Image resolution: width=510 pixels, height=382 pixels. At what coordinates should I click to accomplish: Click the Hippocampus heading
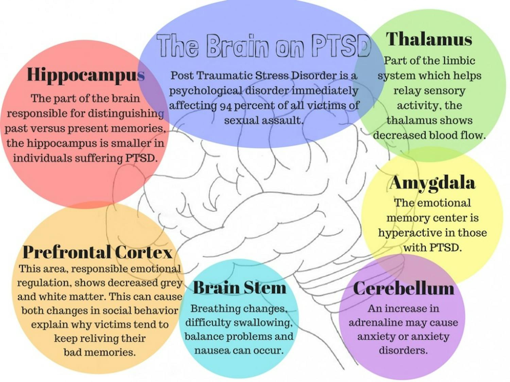point(86,74)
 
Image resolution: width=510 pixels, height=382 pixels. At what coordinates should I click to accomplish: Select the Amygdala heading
point(432,183)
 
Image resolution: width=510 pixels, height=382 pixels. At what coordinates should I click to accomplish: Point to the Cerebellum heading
point(404,288)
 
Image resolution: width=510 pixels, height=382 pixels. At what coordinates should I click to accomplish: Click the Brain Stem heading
point(240,288)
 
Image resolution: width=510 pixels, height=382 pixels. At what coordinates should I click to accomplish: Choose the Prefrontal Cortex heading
point(97,252)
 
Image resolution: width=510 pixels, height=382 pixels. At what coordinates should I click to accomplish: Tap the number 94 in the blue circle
point(225,106)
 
